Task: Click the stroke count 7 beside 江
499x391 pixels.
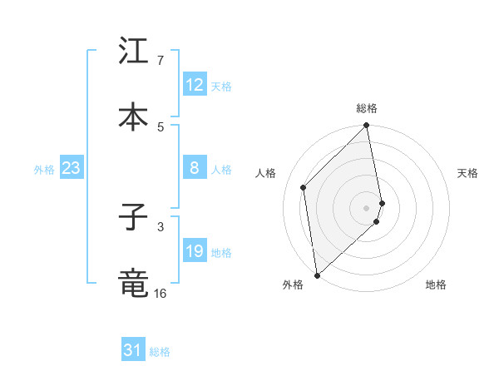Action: [161, 61]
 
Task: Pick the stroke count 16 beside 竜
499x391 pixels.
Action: [161, 293]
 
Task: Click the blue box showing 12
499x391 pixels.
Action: [195, 86]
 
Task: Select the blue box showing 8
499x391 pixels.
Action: [195, 169]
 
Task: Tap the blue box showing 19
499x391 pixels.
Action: [195, 252]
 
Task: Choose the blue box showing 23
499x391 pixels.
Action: [71, 169]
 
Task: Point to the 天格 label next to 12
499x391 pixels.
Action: [221, 87]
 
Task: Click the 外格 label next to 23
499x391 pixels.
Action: [44, 170]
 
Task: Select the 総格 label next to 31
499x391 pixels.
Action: [160, 352]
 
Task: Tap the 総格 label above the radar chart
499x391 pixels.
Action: [367, 108]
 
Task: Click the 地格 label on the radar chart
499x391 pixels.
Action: [436, 285]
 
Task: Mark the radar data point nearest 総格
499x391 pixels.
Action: [367, 126]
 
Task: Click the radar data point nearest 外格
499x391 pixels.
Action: [317, 275]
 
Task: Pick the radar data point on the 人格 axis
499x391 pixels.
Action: [304, 187]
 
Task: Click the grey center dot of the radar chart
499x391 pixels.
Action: [367, 207]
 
